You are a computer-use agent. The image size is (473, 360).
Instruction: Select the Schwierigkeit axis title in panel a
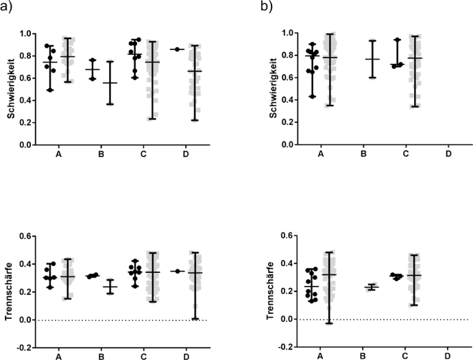(11, 89)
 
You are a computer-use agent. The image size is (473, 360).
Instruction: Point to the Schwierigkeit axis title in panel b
(254, 89)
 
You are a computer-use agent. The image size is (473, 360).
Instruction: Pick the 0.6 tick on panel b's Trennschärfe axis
(271, 236)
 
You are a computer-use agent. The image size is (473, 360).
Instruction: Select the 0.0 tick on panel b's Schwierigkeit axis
(271, 145)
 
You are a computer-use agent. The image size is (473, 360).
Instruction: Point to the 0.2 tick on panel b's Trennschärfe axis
(271, 291)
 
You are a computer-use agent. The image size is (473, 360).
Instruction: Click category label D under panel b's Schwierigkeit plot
(448, 154)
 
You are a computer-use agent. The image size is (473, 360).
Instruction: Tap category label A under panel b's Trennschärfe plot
(320, 356)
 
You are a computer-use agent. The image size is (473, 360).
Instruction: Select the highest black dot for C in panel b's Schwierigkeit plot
(397, 40)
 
